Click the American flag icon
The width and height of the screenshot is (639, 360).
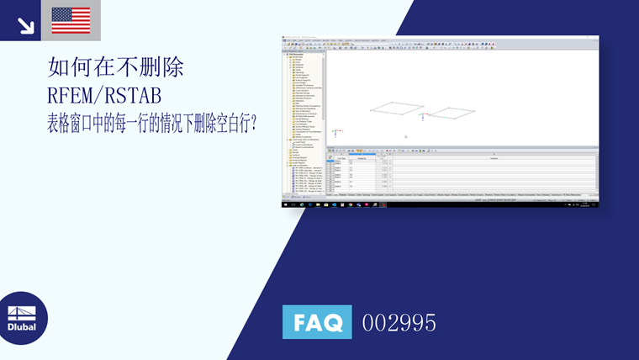point(71,20)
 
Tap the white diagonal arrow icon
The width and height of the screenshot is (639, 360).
point(26,25)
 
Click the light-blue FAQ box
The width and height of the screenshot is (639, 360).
point(317,321)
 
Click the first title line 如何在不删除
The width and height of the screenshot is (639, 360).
point(116,67)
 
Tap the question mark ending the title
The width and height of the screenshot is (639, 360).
point(254,122)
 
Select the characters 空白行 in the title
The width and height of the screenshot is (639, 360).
point(229,122)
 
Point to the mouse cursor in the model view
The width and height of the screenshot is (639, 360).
point(405,135)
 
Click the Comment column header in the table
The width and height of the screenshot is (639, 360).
point(493,158)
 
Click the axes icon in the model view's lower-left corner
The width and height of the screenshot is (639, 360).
point(335,132)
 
